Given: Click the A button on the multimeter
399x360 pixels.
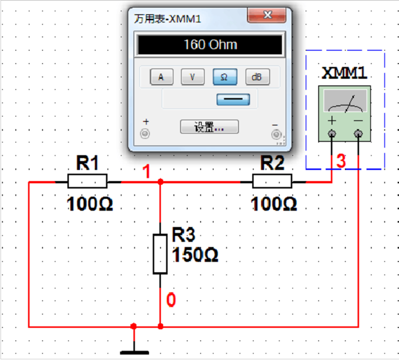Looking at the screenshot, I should click(x=161, y=77).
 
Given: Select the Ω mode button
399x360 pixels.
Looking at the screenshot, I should click(x=225, y=77).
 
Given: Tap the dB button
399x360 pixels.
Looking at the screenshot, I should click(x=257, y=77).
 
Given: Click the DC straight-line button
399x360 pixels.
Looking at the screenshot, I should click(x=233, y=99).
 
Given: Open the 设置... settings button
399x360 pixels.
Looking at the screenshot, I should click(x=209, y=127).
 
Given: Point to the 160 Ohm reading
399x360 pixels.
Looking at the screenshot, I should click(x=210, y=45).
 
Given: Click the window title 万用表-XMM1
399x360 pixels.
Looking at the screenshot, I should click(x=168, y=19).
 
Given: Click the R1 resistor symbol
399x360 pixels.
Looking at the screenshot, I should click(x=87, y=181).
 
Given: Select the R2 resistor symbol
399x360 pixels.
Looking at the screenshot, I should click(x=272, y=181).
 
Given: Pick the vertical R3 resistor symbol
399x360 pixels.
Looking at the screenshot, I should click(x=160, y=254).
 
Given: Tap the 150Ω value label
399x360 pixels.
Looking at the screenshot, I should click(x=195, y=255).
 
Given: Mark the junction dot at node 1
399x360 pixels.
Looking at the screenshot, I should click(x=160, y=182).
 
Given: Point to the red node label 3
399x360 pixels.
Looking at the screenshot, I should click(x=341, y=161).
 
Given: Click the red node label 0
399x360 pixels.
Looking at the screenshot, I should click(x=171, y=300).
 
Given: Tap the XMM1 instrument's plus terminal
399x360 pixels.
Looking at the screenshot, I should click(x=332, y=134).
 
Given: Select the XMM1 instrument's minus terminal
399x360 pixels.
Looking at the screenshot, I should click(x=358, y=134).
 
